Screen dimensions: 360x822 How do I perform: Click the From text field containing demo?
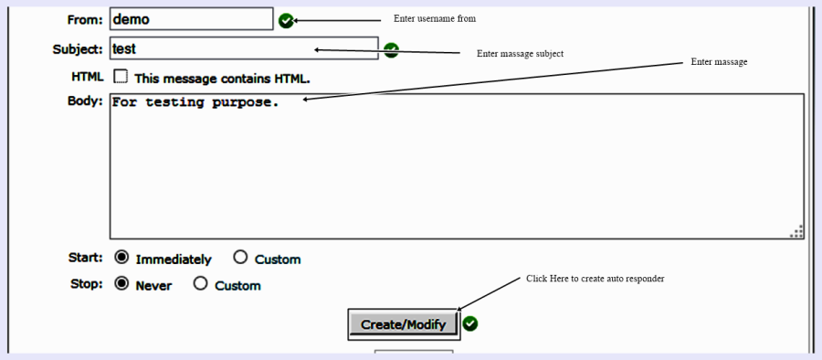pyautogui.click(x=191, y=19)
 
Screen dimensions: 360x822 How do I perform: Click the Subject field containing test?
pyautogui.click(x=243, y=48)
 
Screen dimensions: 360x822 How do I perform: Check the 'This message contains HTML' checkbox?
pyautogui.click(x=120, y=78)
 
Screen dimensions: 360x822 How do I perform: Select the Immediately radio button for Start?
pyautogui.click(x=121, y=258)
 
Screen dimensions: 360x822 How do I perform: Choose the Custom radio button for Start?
pyautogui.click(x=240, y=258)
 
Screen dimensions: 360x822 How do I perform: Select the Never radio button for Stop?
pyautogui.click(x=121, y=284)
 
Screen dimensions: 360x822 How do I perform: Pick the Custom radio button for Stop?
pyautogui.click(x=200, y=284)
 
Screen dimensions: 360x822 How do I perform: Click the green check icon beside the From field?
pyautogui.click(x=286, y=20)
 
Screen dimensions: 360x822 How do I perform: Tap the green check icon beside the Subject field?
pyautogui.click(x=391, y=50)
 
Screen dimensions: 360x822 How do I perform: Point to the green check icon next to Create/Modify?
pyautogui.click(x=470, y=323)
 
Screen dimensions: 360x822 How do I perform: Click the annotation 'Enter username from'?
pyautogui.click(x=435, y=18)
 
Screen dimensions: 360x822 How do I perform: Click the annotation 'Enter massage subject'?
pyautogui.click(x=520, y=54)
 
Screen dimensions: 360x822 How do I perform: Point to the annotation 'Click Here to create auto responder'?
pyautogui.click(x=595, y=279)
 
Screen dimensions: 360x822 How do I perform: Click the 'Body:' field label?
pyautogui.click(x=85, y=101)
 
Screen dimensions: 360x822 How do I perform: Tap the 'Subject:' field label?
pyautogui.click(x=78, y=49)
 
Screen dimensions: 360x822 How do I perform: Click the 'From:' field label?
pyautogui.click(x=85, y=19)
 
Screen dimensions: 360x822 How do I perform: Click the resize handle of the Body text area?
pyautogui.click(x=796, y=232)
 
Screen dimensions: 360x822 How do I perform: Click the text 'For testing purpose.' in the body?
pyautogui.click(x=195, y=102)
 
